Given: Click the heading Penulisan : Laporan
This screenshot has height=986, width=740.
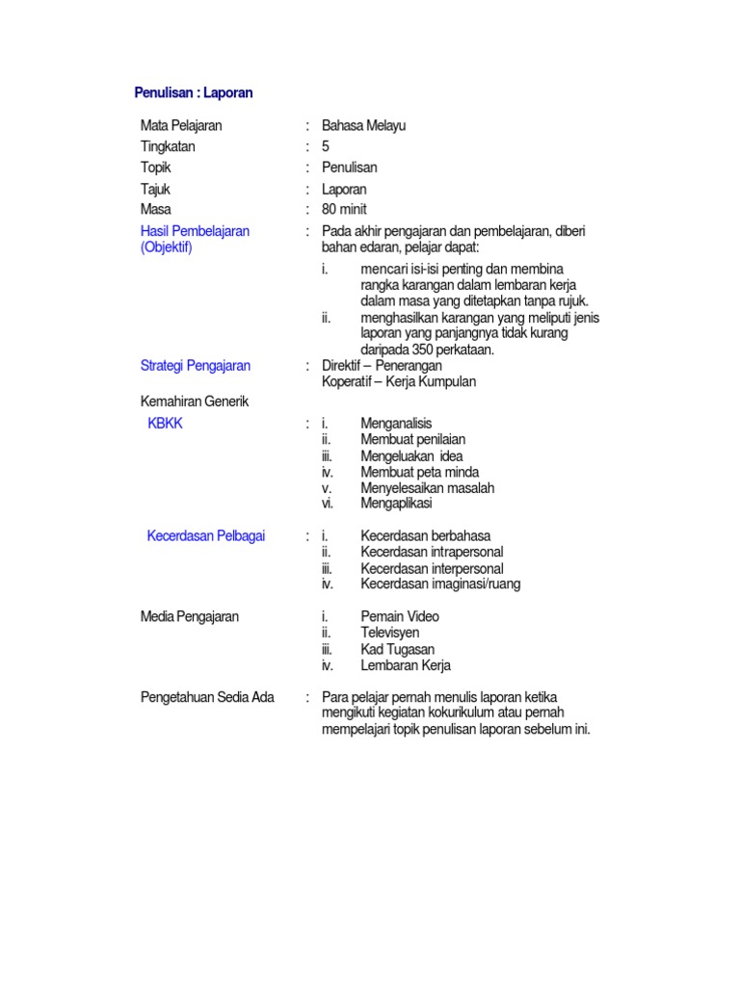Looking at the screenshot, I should click(193, 93).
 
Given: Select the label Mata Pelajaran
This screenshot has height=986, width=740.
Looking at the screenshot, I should click(181, 125).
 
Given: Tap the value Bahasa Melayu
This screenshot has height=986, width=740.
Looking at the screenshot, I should click(364, 125).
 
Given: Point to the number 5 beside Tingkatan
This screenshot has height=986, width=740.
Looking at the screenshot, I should click(326, 146).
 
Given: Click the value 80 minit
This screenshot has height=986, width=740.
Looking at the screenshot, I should click(344, 209).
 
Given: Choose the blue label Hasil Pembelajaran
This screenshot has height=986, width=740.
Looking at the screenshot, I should click(195, 231).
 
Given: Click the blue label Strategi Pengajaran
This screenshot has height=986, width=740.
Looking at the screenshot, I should click(196, 365).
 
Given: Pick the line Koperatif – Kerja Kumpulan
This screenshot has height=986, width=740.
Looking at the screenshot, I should click(399, 381).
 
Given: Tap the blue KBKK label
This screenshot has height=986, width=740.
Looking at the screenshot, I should click(164, 423).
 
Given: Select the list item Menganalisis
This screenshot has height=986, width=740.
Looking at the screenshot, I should click(396, 423).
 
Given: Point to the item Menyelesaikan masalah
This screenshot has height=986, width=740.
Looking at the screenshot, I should click(427, 488).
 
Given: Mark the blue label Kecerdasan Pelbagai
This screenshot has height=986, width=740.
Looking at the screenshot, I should click(206, 535).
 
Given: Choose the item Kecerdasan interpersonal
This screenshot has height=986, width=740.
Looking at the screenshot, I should click(432, 568).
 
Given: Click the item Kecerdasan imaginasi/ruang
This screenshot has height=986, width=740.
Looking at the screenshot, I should click(440, 584).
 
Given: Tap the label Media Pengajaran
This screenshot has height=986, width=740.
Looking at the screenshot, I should click(190, 616).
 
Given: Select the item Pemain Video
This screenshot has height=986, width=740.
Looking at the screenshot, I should click(400, 616).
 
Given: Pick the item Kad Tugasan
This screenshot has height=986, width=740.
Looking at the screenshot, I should click(397, 649).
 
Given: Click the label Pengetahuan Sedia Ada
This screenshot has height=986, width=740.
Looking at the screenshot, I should click(207, 697).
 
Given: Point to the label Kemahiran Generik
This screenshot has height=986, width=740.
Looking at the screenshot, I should click(194, 402).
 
